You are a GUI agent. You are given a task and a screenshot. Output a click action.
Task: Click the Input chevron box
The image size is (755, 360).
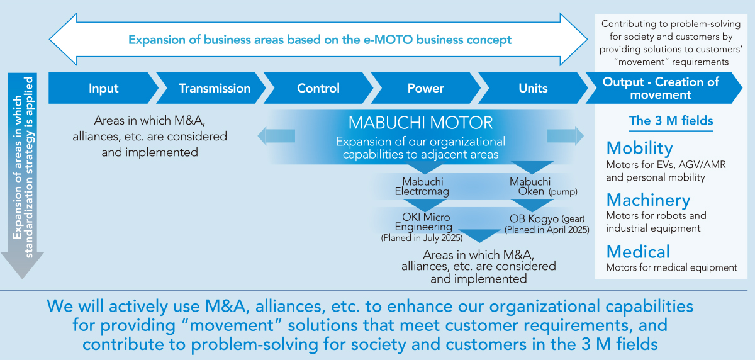coord(103,88)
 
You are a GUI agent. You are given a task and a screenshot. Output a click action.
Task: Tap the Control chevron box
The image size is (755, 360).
coord(318,88)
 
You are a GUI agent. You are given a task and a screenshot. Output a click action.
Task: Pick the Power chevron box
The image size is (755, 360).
coord(425,88)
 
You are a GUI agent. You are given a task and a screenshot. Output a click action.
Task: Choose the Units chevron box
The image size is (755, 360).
coord(533,88)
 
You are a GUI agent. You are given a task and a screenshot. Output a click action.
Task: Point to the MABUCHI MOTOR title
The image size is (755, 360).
coord(420,123)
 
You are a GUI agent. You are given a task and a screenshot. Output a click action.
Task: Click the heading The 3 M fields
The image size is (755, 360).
coord(671,121)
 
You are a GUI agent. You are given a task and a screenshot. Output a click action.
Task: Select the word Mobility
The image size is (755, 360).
coord(639,149)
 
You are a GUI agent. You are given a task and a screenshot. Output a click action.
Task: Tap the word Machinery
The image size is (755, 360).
coord(648,200)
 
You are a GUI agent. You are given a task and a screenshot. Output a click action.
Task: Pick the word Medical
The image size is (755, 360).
coord(638,252)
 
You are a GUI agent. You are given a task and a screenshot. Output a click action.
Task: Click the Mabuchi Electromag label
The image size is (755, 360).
coord(422,186)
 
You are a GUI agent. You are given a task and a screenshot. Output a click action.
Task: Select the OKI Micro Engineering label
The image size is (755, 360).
coord(423,222)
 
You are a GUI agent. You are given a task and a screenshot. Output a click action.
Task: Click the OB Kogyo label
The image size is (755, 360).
coord(534,219)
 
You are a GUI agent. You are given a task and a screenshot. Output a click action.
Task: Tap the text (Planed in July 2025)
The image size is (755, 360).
coord(422,238)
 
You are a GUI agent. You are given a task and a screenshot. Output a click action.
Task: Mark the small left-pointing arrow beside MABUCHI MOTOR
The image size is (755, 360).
coord(276,136)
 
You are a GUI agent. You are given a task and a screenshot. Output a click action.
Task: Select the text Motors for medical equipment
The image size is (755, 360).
coord(672,267)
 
